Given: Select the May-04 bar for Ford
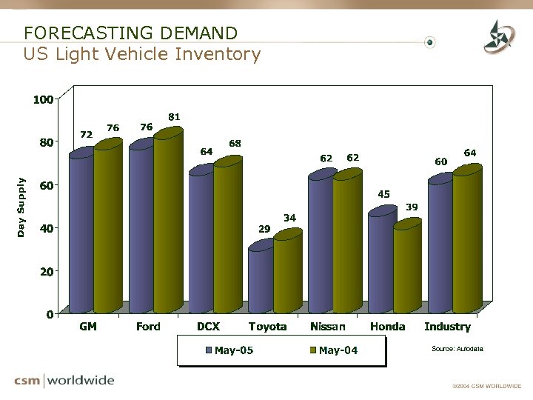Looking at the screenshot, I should point(167,222).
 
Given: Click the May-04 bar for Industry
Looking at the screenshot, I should point(466,241).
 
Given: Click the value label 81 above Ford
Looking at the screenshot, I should point(174,117).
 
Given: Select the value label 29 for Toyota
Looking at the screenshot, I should point(264,229).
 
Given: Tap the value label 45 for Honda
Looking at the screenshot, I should point(383,194).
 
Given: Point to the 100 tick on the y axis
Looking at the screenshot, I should point(43,99).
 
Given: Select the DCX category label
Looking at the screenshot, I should point(208,327).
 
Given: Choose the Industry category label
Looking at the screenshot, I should point(447,327).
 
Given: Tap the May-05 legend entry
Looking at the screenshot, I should point(230,350).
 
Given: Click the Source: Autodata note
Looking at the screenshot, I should point(457,347).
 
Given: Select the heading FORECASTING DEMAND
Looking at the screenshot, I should point(130,33).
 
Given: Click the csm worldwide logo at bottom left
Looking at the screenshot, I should point(64,381).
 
